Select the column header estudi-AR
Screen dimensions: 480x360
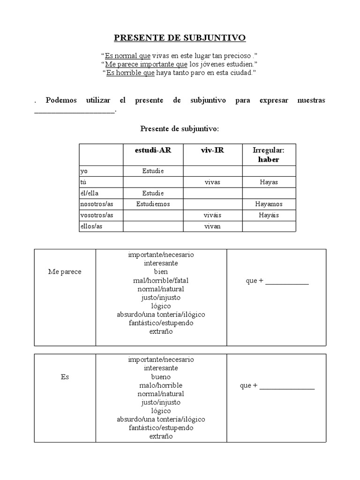click(x=153, y=150)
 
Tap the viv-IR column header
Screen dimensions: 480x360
click(x=212, y=150)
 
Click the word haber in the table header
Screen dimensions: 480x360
click(x=269, y=159)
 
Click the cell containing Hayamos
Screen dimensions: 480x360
click(x=269, y=204)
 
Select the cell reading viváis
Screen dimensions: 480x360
click(x=212, y=215)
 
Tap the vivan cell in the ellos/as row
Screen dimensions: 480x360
click(x=212, y=226)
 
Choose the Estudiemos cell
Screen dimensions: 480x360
click(x=153, y=204)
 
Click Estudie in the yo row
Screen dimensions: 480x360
click(x=153, y=171)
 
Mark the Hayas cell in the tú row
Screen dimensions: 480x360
click(x=269, y=182)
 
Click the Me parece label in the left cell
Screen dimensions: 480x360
click(x=65, y=272)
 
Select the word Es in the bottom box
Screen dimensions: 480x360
click(x=65, y=377)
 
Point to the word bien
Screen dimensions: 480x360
click(x=161, y=272)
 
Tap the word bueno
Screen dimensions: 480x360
click(x=161, y=377)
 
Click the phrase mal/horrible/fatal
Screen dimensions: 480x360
click(x=161, y=280)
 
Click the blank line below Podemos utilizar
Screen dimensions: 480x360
click(x=74, y=112)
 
